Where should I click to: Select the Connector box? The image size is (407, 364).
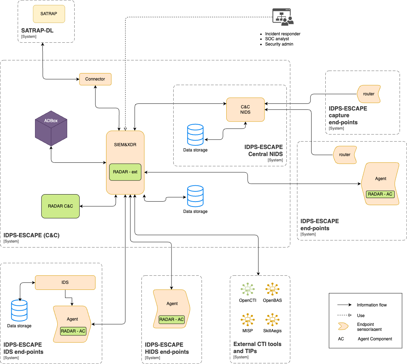(x=95, y=79)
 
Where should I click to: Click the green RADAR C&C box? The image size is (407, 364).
(x=60, y=206)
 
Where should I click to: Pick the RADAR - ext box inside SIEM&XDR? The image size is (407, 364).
(x=125, y=172)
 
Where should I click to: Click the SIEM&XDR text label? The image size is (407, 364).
(x=125, y=145)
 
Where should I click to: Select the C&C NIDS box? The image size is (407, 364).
(x=245, y=109)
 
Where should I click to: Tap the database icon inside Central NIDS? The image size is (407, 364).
(x=195, y=135)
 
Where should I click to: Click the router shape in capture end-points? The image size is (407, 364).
(x=369, y=94)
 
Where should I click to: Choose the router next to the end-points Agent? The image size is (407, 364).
(x=345, y=155)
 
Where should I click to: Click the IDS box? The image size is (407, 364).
(x=65, y=282)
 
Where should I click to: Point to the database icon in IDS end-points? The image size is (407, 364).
(x=19, y=310)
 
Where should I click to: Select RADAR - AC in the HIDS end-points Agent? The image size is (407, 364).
(x=171, y=320)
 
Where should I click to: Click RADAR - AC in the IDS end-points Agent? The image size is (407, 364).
(x=73, y=331)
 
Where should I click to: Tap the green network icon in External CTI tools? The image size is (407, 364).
(x=248, y=289)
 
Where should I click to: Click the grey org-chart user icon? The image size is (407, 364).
(x=283, y=17)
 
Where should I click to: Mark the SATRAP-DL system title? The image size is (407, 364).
(x=37, y=31)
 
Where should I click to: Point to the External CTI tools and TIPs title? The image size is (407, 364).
(x=257, y=347)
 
